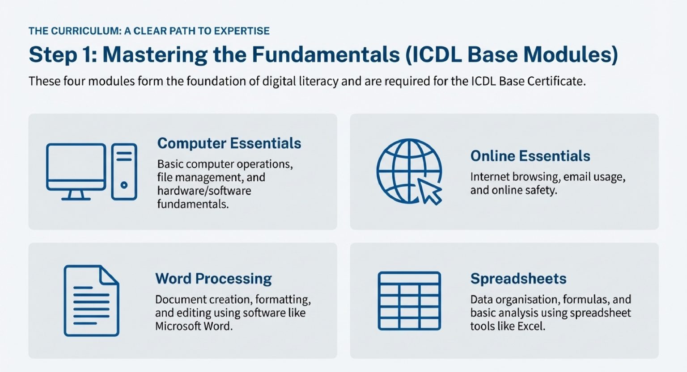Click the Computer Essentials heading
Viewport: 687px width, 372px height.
click(229, 143)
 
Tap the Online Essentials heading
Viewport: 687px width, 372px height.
click(530, 156)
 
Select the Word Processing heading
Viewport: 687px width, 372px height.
click(213, 279)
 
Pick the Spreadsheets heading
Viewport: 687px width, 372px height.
click(518, 279)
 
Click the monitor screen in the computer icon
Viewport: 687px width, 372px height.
click(76, 162)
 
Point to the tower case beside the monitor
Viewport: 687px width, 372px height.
click(124, 171)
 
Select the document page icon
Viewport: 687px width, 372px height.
click(91, 301)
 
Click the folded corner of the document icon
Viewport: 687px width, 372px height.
click(109, 274)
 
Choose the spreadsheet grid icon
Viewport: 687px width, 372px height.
click(409, 301)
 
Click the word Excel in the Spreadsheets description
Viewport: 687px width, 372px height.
click(531, 326)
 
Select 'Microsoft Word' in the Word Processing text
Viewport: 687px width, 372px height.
click(193, 326)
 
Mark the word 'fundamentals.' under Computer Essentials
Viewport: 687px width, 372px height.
click(193, 204)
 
